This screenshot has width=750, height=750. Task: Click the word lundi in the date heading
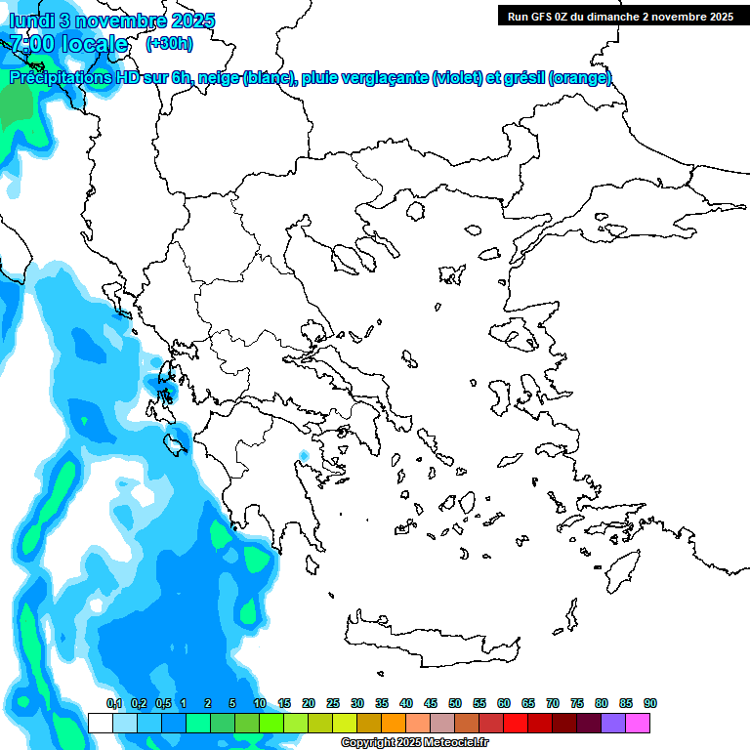point(32,21)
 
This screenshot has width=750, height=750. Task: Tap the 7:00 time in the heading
point(32,44)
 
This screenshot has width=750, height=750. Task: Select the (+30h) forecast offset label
point(169,44)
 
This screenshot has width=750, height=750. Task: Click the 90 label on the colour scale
point(650,704)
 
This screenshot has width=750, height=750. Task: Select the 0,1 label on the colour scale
point(114,704)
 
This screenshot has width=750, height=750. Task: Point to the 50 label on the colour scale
point(455,704)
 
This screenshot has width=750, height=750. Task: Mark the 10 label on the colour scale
point(260,704)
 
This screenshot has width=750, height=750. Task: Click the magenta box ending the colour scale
point(638,723)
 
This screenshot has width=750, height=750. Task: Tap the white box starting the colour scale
point(101,723)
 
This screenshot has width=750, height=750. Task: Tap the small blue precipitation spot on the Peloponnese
point(304,455)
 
